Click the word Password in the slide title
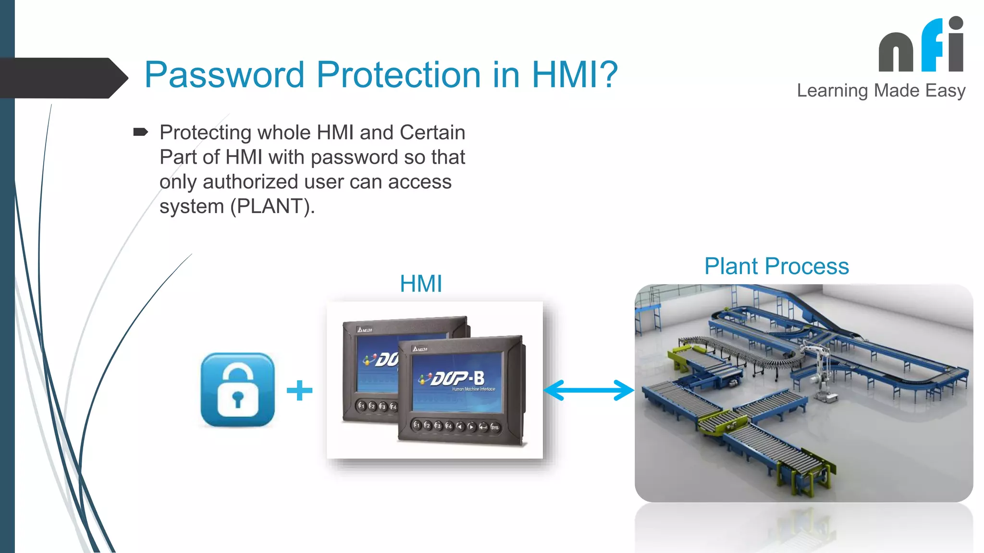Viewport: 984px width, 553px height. coord(224,75)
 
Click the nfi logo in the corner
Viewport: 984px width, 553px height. coord(921,46)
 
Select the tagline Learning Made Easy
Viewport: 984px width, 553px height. coord(881,91)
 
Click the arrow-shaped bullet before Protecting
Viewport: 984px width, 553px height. coord(140,132)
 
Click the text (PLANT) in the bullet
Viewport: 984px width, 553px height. coord(272,207)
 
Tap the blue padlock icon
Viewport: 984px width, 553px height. coord(238,390)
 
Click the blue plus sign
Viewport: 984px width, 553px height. coord(299,390)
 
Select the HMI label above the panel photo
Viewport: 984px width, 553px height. coord(421,284)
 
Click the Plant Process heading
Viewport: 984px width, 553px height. coord(776,266)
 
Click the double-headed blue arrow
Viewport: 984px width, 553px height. coord(589,390)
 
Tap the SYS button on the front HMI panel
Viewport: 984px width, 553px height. coord(495,427)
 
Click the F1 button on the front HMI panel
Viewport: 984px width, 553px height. coord(417,425)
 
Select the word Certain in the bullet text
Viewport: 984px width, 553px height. coord(432,132)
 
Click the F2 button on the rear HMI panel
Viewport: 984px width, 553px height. coord(371,406)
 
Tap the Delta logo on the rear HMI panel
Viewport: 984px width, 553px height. coord(364,330)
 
